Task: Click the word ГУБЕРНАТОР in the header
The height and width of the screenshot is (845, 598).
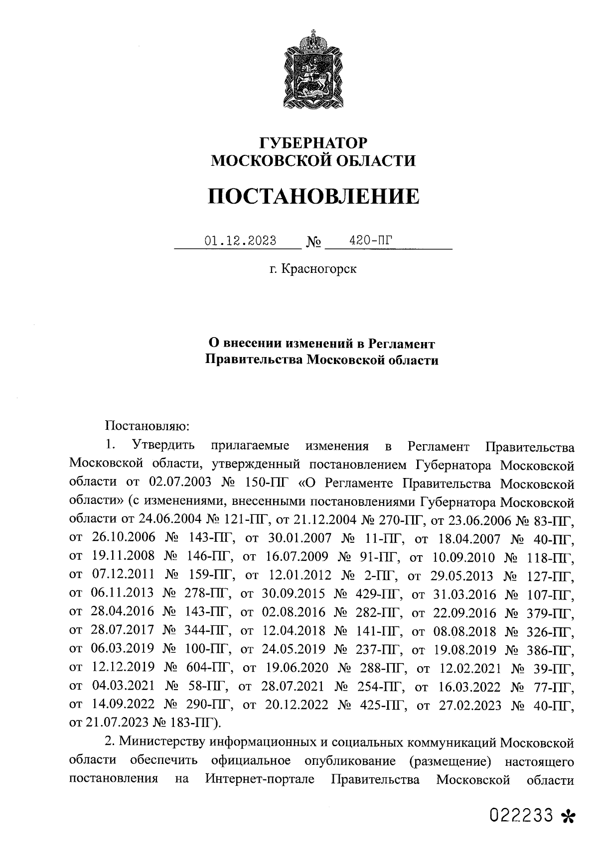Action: (313, 143)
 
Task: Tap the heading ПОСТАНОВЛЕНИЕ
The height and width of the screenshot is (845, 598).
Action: (313, 196)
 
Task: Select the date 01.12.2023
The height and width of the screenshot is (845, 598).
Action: (241, 241)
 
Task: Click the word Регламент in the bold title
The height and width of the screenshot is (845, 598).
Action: (402, 344)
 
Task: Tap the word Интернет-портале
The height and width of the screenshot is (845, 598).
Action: (260, 779)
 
